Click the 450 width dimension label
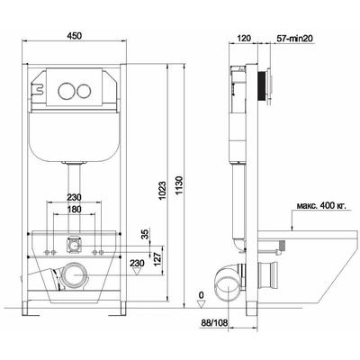point(74,36)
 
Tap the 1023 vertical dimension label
point(162,191)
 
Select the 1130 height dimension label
point(179,186)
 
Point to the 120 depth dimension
point(244,39)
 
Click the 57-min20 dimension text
point(294,39)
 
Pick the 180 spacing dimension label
point(74,209)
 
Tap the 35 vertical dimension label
point(145,235)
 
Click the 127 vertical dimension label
point(157,257)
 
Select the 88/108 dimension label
point(214,323)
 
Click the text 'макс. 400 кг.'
point(321,205)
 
